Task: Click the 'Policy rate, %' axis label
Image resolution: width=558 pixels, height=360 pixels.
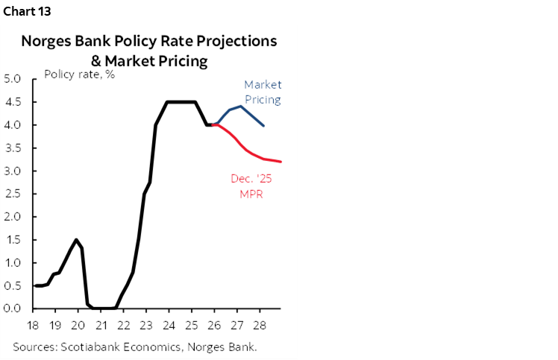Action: [79, 74]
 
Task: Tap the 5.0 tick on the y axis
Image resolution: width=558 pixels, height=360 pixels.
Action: [13, 79]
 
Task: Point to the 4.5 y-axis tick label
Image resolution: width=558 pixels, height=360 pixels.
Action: [13, 102]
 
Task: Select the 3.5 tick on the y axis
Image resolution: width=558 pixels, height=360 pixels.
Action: [13, 148]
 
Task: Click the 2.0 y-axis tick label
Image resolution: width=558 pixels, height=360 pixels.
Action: [13, 217]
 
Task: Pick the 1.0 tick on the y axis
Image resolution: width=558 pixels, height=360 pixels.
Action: [13, 263]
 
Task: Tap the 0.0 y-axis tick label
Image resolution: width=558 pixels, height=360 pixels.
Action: [13, 309]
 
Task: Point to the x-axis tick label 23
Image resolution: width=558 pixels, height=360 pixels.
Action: [146, 325]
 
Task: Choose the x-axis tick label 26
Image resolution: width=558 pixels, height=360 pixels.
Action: [215, 325]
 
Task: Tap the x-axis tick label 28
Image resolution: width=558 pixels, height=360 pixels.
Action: [260, 325]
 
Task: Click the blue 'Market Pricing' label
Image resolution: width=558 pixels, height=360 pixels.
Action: [262, 92]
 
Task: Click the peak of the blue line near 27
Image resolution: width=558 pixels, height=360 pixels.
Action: [240, 107]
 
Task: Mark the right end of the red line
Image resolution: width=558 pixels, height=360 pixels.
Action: [280, 161]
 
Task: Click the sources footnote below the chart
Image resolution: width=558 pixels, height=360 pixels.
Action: [134, 347]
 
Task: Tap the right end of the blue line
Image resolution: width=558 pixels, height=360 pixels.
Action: [263, 125]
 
